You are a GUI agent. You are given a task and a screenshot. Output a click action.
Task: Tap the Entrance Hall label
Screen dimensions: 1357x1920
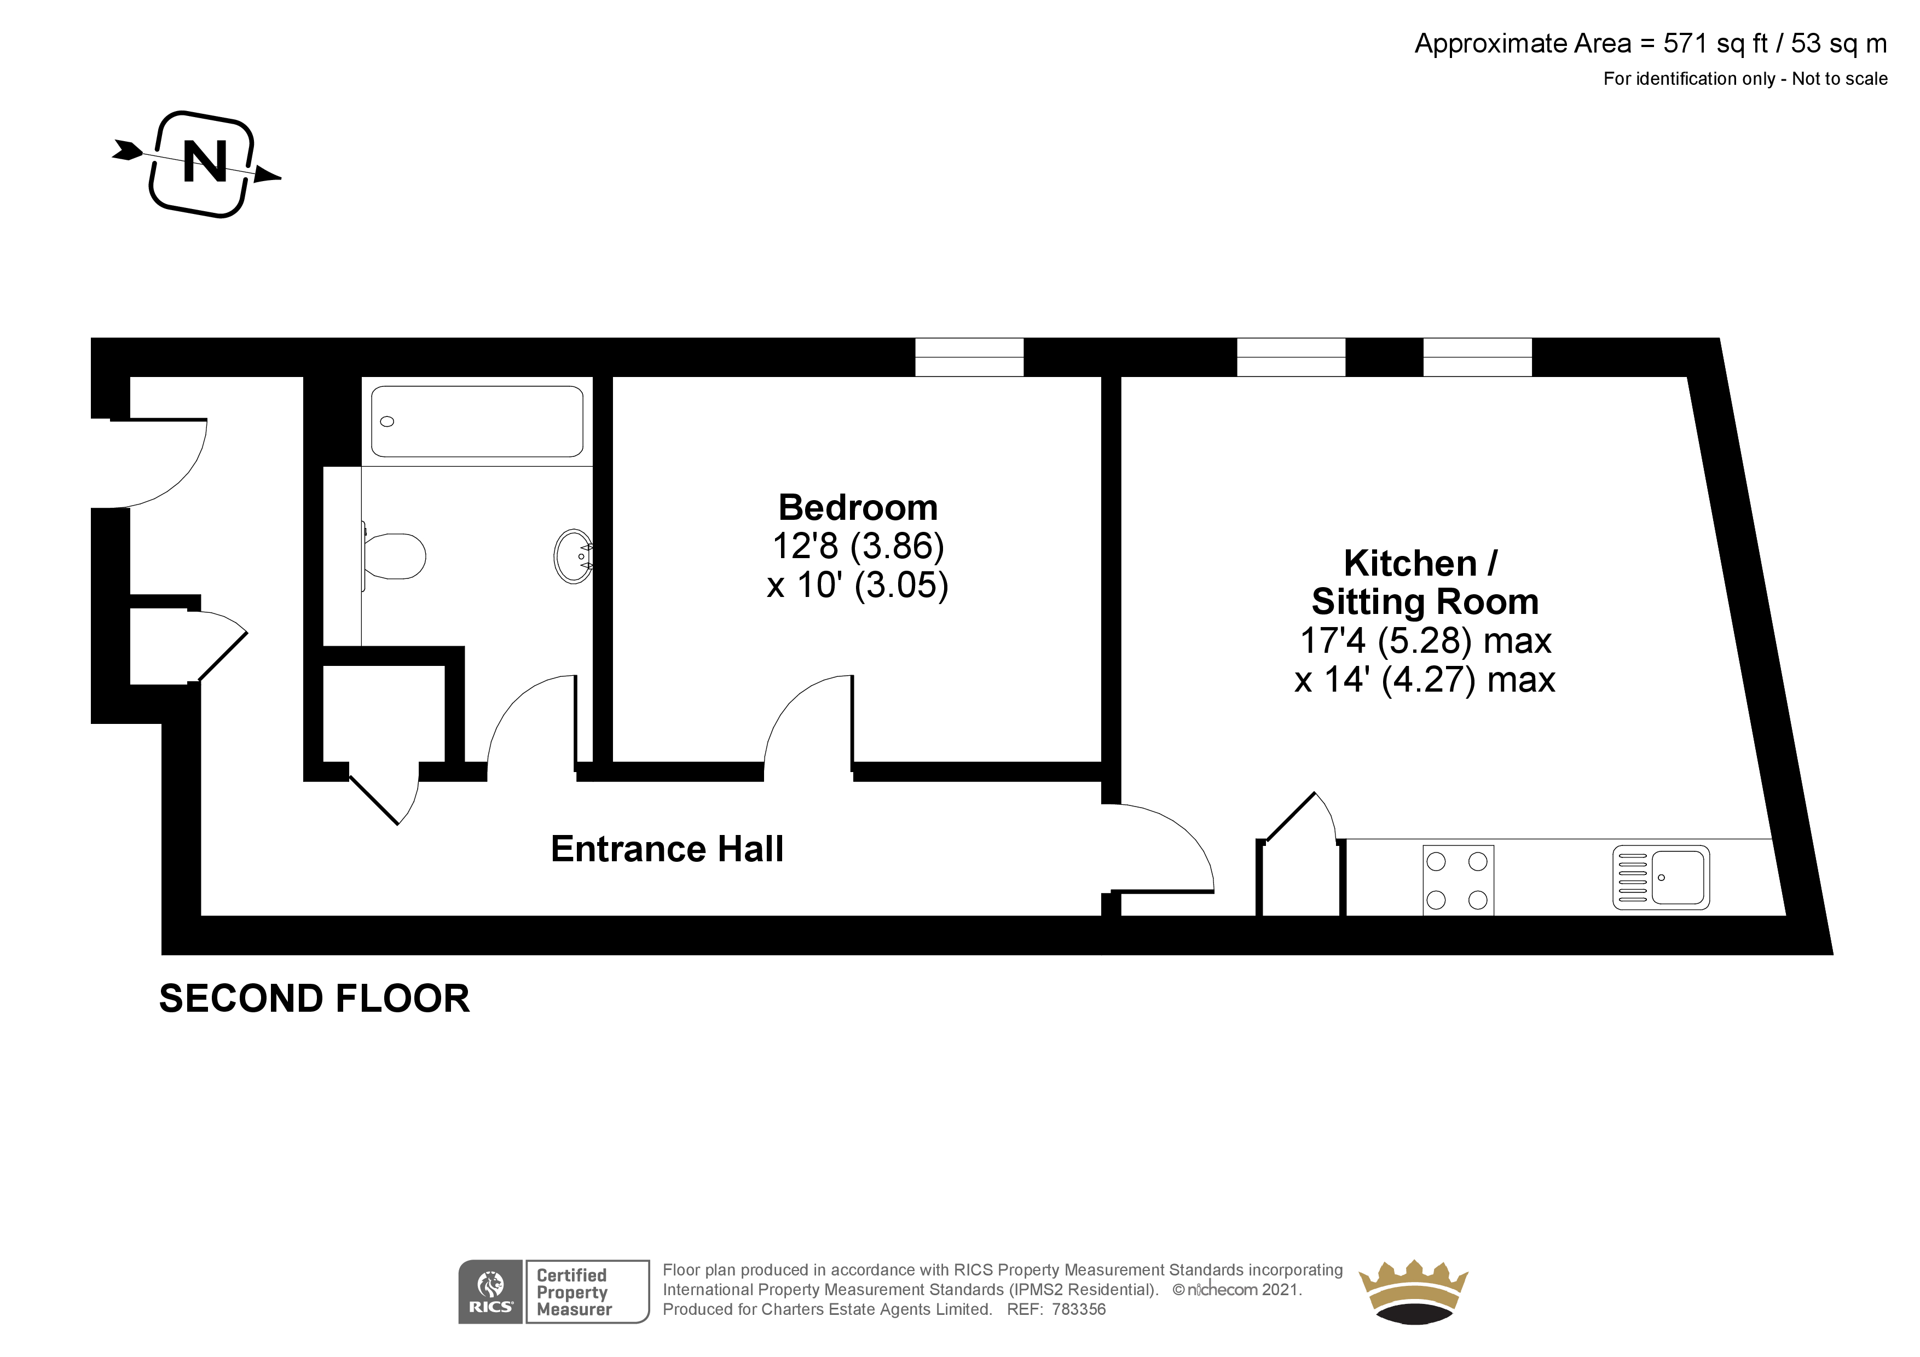pos(667,849)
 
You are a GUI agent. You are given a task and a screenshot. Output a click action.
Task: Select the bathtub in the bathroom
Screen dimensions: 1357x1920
pos(477,421)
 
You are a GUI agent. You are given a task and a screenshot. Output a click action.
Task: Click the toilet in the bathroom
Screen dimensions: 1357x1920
pos(395,556)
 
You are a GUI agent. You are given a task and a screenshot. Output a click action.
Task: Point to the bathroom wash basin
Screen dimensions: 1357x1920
pos(574,556)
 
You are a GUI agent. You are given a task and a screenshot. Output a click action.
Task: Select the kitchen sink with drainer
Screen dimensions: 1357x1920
pos(1660,878)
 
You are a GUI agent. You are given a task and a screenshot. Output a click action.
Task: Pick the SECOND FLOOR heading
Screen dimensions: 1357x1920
pos(314,998)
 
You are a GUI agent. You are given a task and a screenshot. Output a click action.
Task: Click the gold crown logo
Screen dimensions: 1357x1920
pos(1413,1290)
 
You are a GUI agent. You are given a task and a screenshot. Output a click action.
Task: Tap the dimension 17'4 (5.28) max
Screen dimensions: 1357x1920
pos(1424,640)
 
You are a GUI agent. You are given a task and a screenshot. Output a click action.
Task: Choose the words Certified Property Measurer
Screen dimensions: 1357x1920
pos(574,1292)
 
